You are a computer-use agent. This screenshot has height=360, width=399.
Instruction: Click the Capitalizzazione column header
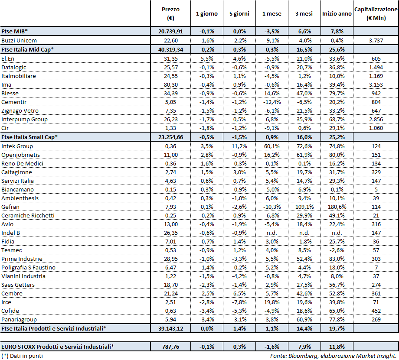click(376, 13)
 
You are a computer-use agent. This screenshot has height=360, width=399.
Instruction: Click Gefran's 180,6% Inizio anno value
click(337, 207)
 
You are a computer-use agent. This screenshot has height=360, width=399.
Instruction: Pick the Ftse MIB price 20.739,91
click(170, 32)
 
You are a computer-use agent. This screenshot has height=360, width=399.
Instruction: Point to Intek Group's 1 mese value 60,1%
click(271, 146)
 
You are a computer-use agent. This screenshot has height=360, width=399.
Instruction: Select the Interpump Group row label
click(24, 119)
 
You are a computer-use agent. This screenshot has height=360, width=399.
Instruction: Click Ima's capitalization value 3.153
click(376, 84)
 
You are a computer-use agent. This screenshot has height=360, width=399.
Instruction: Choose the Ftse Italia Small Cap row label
click(29, 136)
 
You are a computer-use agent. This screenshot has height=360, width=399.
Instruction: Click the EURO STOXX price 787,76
click(170, 346)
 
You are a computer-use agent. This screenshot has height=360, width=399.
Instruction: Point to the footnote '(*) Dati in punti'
click(22, 356)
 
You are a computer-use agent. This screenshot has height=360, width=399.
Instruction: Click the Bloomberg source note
click(333, 356)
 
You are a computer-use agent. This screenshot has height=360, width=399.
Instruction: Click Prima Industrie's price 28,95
click(170, 259)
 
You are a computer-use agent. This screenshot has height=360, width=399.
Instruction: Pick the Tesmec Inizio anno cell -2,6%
click(337, 250)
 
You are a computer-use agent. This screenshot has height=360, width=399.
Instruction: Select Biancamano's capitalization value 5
click(376, 189)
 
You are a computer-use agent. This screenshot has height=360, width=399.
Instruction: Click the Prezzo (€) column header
click(170, 13)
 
